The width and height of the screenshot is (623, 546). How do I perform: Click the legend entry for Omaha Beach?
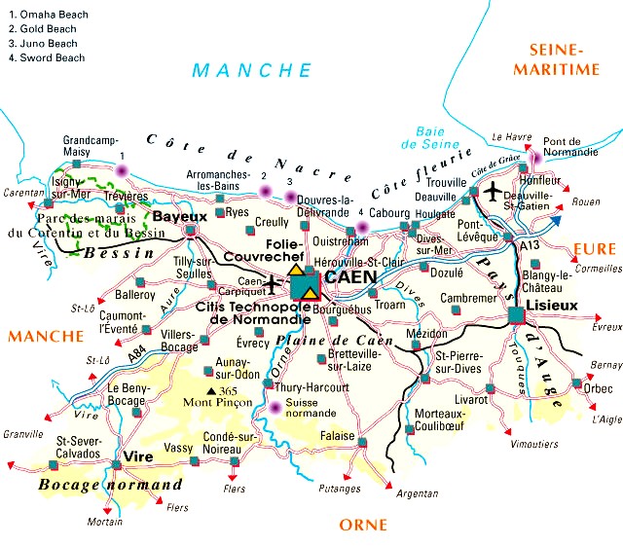(x=49, y=15)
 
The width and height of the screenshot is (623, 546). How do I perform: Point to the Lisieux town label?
(x=551, y=305)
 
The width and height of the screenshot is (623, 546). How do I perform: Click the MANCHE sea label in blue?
(x=252, y=70)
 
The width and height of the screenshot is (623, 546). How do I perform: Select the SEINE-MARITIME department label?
(x=563, y=59)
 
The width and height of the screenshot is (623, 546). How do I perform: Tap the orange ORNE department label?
(x=363, y=526)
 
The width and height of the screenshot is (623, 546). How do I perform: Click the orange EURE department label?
(x=594, y=249)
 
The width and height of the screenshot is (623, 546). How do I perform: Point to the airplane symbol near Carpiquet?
(x=273, y=283)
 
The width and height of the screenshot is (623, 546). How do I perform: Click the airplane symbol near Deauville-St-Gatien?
(x=495, y=188)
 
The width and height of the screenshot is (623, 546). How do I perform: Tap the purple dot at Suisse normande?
(x=275, y=408)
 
